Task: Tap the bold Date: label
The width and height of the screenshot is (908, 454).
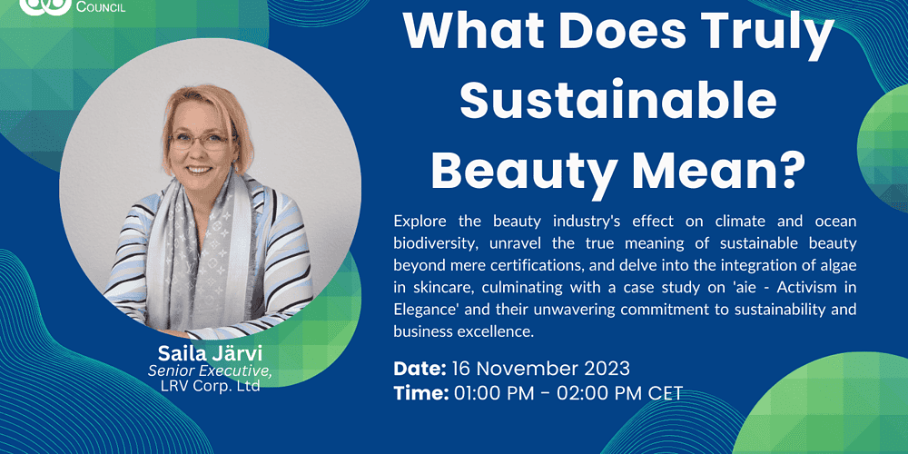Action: point(419,368)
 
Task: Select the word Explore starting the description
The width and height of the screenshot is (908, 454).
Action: point(417,222)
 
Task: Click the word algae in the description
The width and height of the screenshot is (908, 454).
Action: point(838,265)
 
